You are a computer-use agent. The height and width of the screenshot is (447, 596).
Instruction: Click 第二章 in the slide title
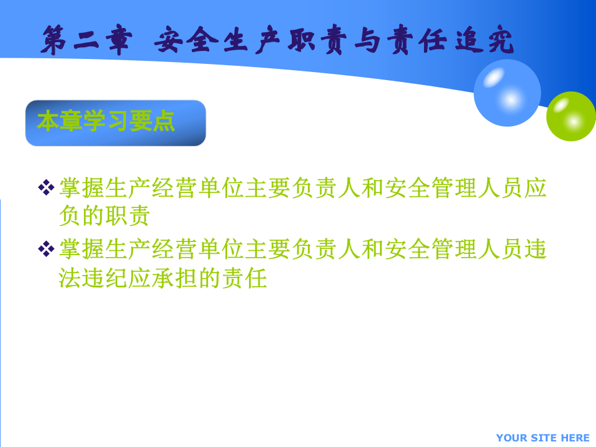point(87,42)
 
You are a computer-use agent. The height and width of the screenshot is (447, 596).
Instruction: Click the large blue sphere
point(507,93)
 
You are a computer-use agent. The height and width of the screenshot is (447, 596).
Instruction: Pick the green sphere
point(571,116)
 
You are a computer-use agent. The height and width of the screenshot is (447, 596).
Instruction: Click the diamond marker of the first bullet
point(46,187)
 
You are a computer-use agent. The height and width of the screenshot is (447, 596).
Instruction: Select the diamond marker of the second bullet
point(46,249)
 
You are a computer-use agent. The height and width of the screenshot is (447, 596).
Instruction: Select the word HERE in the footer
point(575,438)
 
